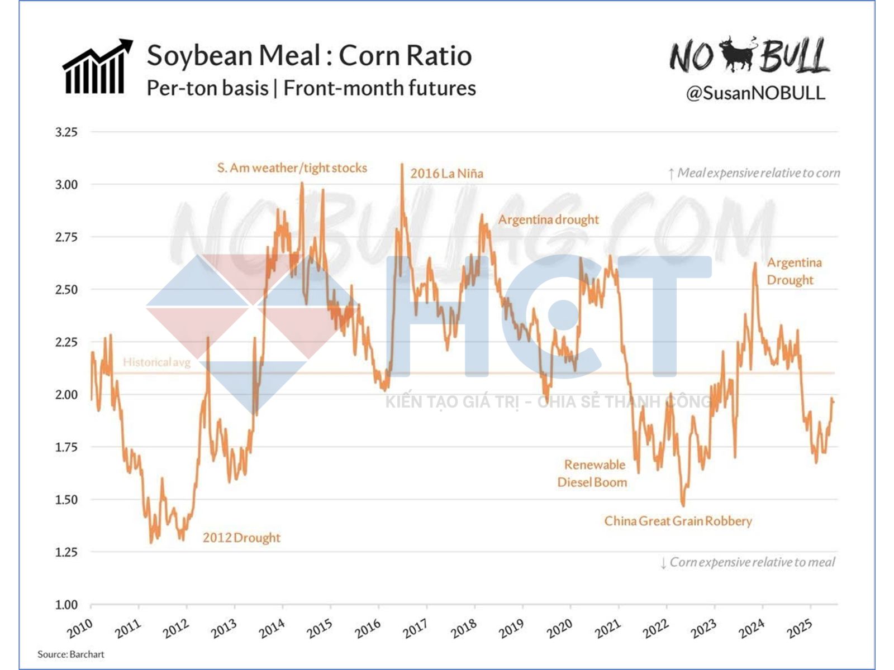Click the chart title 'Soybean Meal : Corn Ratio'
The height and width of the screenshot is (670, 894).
(x=309, y=56)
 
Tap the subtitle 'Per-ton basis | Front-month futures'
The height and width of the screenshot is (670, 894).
(x=311, y=88)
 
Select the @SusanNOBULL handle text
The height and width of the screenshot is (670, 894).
(x=755, y=93)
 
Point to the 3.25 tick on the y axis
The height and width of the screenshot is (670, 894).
(x=66, y=132)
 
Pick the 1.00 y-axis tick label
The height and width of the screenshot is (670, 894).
(x=66, y=604)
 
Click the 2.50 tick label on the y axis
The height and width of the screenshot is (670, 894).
(x=66, y=289)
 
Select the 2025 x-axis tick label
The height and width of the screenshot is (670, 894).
(x=800, y=629)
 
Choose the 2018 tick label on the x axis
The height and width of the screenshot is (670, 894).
(x=464, y=629)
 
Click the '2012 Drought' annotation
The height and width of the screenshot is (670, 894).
(x=241, y=538)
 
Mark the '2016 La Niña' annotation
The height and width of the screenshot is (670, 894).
(x=446, y=173)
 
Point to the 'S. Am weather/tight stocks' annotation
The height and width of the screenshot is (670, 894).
(x=292, y=167)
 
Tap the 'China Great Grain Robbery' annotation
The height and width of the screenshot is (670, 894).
(x=678, y=521)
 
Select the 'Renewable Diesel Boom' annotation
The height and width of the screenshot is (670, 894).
(x=593, y=473)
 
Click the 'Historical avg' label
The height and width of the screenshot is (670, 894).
(x=156, y=362)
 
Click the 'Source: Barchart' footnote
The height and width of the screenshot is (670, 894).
(x=71, y=654)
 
